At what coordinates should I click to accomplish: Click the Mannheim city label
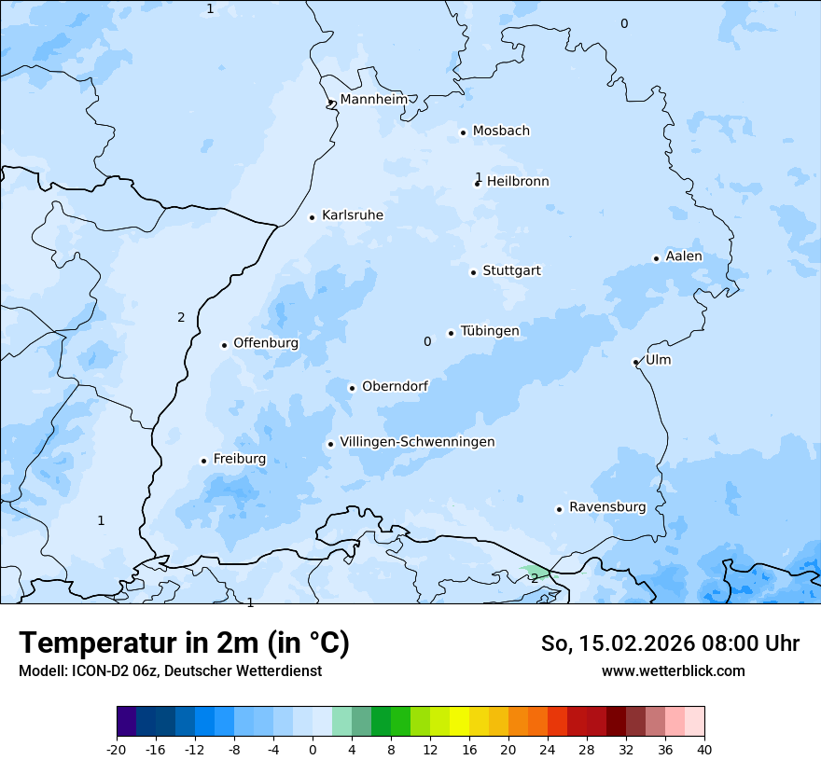click(x=373, y=99)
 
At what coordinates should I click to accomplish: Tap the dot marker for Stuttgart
click(x=473, y=272)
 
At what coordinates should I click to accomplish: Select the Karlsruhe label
click(x=352, y=215)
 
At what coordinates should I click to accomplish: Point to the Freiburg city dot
click(x=203, y=461)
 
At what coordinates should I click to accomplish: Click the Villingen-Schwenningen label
click(x=417, y=442)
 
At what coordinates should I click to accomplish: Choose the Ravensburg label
click(x=607, y=507)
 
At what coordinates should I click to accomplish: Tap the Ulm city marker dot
click(x=635, y=362)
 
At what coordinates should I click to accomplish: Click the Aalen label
click(x=684, y=256)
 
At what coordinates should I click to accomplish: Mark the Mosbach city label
click(x=501, y=131)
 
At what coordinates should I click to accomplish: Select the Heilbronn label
click(x=518, y=182)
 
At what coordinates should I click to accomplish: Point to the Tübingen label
click(x=490, y=331)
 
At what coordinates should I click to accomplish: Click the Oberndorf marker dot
click(x=352, y=388)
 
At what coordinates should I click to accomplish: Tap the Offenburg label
click(x=266, y=343)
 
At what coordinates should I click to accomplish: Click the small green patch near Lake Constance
click(x=535, y=571)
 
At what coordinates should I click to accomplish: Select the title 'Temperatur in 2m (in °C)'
click(x=184, y=643)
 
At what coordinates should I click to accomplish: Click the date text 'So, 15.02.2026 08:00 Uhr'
click(x=670, y=643)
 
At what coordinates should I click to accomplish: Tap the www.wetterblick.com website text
click(x=673, y=670)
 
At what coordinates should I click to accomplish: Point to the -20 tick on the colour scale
click(x=117, y=749)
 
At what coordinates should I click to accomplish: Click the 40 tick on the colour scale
click(x=704, y=749)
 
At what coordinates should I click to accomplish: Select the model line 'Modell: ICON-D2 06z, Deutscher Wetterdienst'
click(x=170, y=670)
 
